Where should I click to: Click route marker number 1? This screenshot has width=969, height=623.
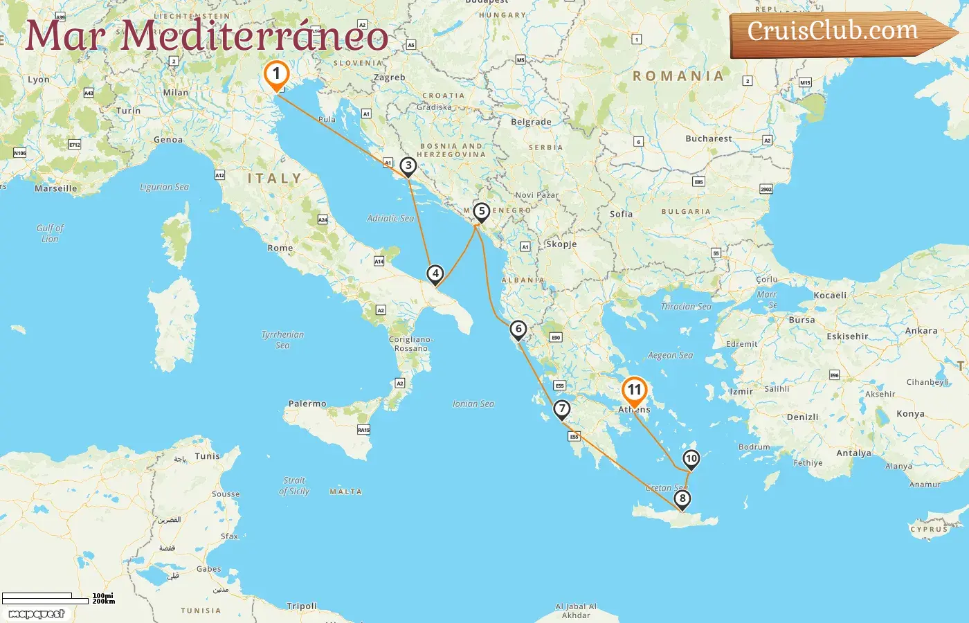click(x=276, y=74)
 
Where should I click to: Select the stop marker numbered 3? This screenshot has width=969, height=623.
click(x=408, y=165)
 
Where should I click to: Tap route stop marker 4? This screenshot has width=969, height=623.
click(x=435, y=273)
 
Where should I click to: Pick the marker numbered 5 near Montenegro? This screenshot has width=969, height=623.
click(x=482, y=211)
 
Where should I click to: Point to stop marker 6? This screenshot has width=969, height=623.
click(x=518, y=329)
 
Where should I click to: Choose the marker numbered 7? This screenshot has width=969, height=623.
click(x=562, y=408)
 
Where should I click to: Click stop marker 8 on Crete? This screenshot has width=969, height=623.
click(x=682, y=498)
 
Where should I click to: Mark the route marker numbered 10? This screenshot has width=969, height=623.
click(x=691, y=458)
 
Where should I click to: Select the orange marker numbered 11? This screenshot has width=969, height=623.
click(x=634, y=390)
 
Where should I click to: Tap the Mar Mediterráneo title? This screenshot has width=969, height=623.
click(x=206, y=36)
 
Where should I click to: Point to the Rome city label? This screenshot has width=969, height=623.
click(x=280, y=248)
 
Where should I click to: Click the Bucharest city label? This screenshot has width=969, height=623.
click(x=708, y=138)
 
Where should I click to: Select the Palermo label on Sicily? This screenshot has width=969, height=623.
click(x=307, y=404)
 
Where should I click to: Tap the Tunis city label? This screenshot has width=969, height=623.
click(x=207, y=456)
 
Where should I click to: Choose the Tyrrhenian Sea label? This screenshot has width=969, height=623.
click(x=282, y=340)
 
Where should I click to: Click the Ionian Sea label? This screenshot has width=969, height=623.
click(x=473, y=404)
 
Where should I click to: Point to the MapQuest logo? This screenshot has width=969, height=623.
click(x=37, y=614)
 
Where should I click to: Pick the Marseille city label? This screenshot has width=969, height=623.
click(x=56, y=188)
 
